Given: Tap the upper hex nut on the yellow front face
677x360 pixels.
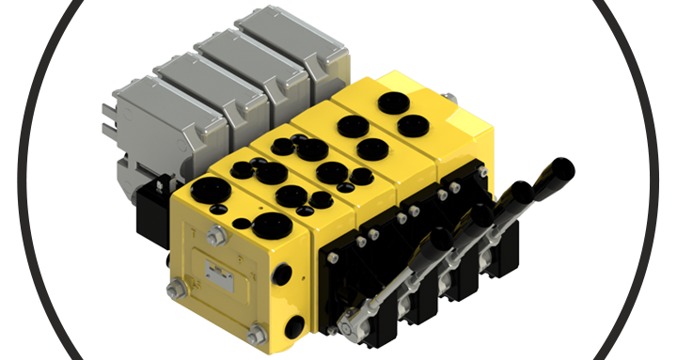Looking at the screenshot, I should pyautogui.click(x=213, y=235).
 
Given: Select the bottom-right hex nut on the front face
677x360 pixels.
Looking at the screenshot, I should pyautogui.click(x=255, y=334).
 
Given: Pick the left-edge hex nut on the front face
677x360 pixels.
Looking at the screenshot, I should pyautogui.click(x=173, y=288).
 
